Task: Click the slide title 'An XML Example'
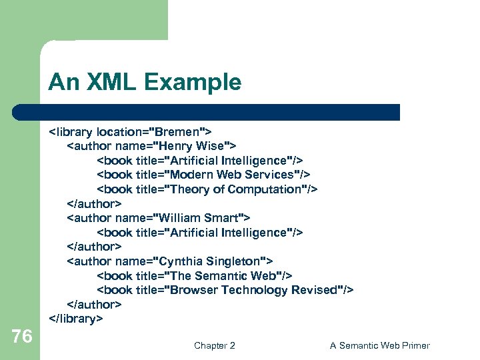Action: (x=144, y=83)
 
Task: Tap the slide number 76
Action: (x=22, y=337)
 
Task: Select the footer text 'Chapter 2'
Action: (x=214, y=345)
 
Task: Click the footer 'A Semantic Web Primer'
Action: (x=379, y=345)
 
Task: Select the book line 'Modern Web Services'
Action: (x=203, y=175)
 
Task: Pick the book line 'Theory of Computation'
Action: (x=207, y=189)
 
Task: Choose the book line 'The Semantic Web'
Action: (x=195, y=275)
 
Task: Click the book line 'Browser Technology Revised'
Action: (x=225, y=290)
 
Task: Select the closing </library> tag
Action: (x=76, y=319)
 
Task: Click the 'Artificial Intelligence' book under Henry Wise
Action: (x=200, y=161)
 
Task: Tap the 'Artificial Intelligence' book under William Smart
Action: (x=200, y=233)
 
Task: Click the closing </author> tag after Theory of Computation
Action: (x=94, y=204)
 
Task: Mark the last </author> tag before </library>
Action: (x=94, y=305)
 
